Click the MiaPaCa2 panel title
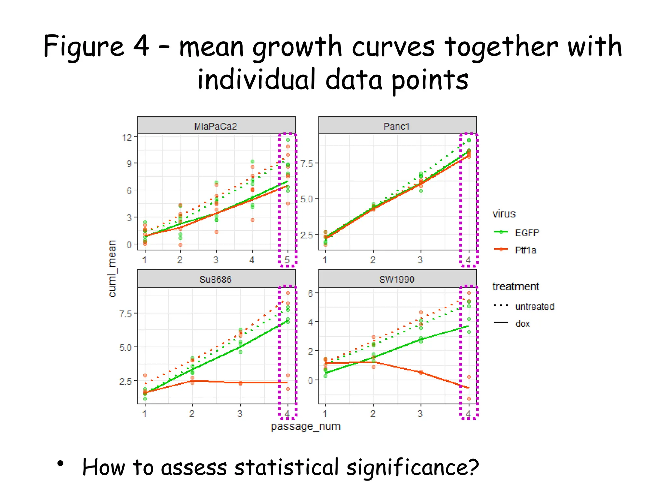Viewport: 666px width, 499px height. pyautogui.click(x=216, y=126)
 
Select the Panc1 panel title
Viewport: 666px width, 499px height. pyautogui.click(x=396, y=126)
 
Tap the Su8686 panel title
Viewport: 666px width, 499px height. pyautogui.click(x=216, y=280)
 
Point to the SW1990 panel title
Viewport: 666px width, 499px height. pyautogui.click(x=396, y=280)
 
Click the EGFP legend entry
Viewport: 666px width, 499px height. pyautogui.click(x=526, y=233)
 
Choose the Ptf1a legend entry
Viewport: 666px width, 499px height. pyautogui.click(x=525, y=250)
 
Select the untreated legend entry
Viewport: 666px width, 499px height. pyautogui.click(x=534, y=306)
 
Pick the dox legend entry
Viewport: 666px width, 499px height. pyautogui.click(x=522, y=324)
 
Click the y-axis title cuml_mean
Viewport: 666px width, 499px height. pyautogui.click(x=112, y=268)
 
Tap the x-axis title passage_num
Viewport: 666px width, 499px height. pyautogui.click(x=305, y=426)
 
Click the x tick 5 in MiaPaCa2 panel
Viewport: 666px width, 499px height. pyautogui.click(x=287, y=260)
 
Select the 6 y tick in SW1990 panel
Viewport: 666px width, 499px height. pyautogui.click(x=310, y=293)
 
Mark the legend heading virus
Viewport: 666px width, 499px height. pyautogui.click(x=504, y=214)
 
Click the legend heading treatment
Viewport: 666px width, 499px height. pyautogui.click(x=515, y=287)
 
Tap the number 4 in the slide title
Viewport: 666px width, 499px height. pyautogui.click(x=141, y=46)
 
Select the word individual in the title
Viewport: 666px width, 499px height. pyautogui.click(x=257, y=80)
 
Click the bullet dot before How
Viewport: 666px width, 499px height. pyautogui.click(x=60, y=464)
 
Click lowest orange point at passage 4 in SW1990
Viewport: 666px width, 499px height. pyautogui.click(x=469, y=399)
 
